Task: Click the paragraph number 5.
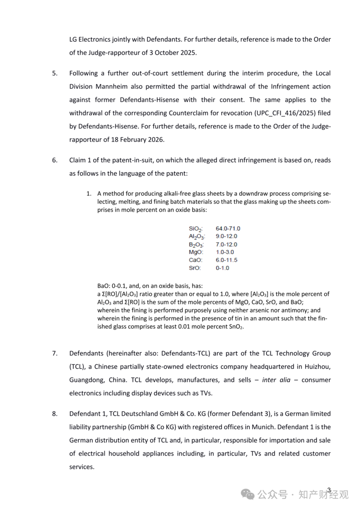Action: (55, 73)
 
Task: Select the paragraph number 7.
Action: (55, 354)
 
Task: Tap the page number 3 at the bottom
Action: (329, 490)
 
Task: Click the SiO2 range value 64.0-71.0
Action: (228, 229)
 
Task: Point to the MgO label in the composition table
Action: (196, 252)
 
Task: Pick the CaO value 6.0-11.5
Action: (227, 260)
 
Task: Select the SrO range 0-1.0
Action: (223, 268)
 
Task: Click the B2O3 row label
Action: (197, 245)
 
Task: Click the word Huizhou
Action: (314, 367)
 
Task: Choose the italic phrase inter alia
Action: (276, 380)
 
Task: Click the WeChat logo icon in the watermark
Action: (248, 494)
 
